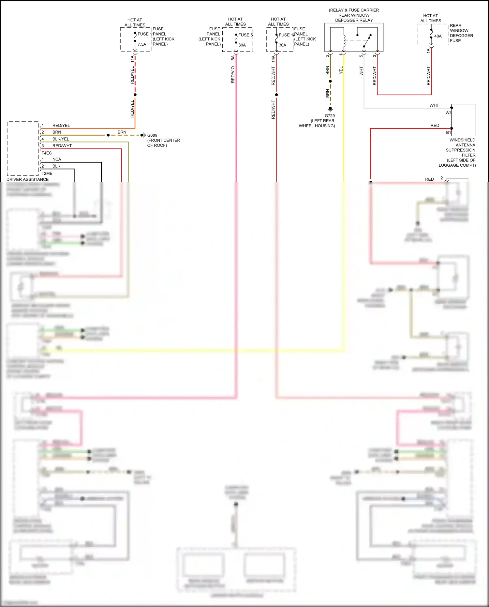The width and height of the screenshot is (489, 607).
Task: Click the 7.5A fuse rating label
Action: (142, 44)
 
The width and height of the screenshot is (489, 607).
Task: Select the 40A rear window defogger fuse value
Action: (438, 36)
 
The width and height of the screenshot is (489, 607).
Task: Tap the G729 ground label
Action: (330, 116)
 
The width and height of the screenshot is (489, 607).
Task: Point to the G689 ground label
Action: (152, 135)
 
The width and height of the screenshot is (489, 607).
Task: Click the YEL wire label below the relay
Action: (341, 70)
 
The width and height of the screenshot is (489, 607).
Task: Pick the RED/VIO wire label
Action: (233, 74)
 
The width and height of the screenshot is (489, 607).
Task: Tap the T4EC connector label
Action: (47, 153)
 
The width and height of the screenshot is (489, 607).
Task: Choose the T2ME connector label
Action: (47, 174)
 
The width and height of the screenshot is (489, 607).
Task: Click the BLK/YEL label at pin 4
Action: (61, 139)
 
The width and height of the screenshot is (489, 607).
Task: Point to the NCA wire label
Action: (57, 159)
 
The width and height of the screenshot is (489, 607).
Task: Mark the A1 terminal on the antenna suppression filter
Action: (449, 113)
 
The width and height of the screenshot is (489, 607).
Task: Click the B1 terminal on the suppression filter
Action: (449, 132)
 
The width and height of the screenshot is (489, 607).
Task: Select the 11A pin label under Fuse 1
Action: (132, 59)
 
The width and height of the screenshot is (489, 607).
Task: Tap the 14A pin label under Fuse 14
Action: (273, 59)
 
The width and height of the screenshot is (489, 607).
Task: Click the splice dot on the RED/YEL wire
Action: (135, 95)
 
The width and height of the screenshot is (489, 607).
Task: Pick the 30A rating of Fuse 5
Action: (242, 45)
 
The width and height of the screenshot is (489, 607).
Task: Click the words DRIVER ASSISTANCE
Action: (28, 179)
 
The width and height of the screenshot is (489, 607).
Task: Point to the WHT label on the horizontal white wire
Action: (434, 105)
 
